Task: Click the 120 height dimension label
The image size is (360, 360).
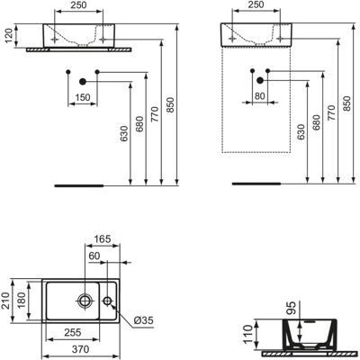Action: click(9, 35)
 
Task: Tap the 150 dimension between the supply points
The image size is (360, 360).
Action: click(83, 97)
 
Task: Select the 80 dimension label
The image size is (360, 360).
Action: click(260, 95)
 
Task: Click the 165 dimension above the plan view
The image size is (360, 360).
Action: click(103, 239)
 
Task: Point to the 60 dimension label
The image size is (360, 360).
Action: click(94, 256)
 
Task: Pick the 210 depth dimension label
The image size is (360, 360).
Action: click(6, 301)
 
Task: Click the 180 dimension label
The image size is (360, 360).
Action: click(22, 301)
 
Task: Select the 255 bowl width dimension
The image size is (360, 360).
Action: click(73, 332)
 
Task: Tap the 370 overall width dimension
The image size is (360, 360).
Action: click(80, 349)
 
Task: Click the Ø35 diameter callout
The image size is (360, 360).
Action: click(143, 320)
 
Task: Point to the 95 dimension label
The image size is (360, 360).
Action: click(292, 307)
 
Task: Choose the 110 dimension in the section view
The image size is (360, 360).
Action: click(248, 335)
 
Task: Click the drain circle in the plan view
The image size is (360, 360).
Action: click(85, 301)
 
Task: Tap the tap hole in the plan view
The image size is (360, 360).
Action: click(107, 301)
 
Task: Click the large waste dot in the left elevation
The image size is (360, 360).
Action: click(83, 81)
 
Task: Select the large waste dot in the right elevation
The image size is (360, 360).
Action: click(260, 80)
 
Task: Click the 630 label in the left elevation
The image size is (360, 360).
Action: click(124, 133)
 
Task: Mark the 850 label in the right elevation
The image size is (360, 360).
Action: click(346, 103)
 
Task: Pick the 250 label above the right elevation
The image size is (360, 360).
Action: click(256, 4)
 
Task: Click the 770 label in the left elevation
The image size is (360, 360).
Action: click(155, 114)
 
